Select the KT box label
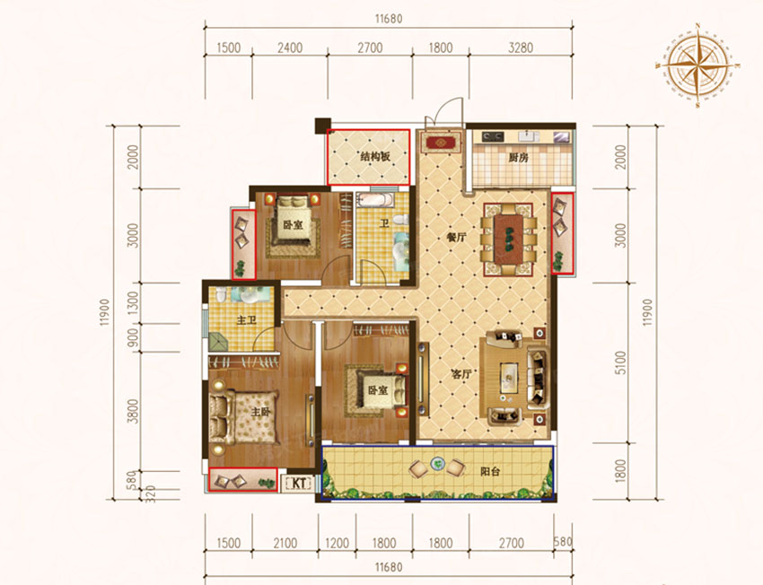point(297,484)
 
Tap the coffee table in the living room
point(510,373)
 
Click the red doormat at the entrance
point(442,142)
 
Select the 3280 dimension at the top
point(529,48)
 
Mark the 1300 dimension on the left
point(134,306)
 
